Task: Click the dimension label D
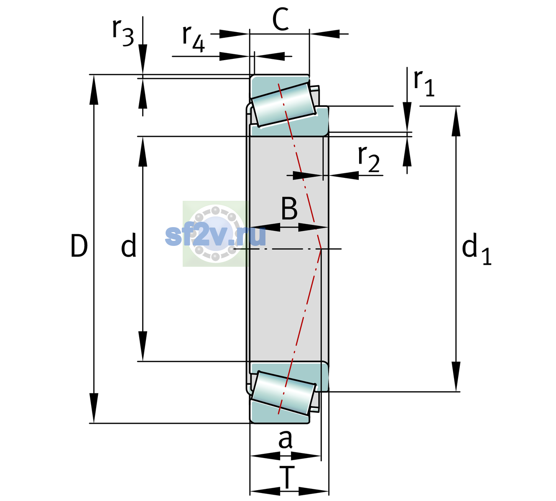(79, 245)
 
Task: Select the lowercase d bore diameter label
(129, 245)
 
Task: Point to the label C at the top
(281, 20)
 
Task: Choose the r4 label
(194, 38)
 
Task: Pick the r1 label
(424, 83)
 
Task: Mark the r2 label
(369, 159)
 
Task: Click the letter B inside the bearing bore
(289, 208)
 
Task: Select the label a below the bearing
(285, 440)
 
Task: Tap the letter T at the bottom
(287, 478)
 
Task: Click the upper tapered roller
(283, 105)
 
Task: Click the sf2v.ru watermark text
(215, 236)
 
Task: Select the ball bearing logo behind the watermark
(215, 234)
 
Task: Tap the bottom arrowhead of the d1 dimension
(456, 377)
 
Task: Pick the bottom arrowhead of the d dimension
(143, 346)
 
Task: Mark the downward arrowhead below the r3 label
(143, 59)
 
